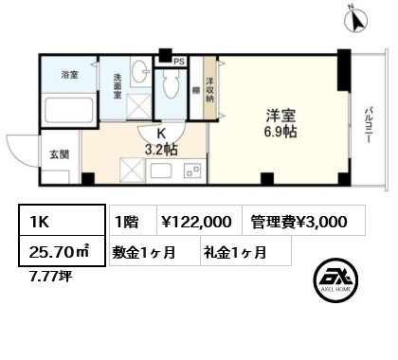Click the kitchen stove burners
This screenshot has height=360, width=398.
(190, 171)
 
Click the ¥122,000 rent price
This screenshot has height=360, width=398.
(193, 222)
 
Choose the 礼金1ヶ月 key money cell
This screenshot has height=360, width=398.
(233, 253)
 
